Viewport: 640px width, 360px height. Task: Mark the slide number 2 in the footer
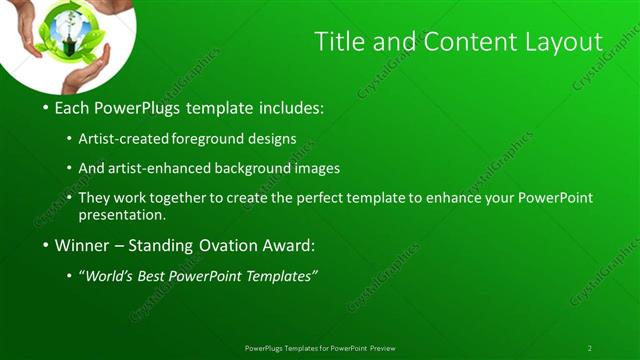[589, 348]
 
